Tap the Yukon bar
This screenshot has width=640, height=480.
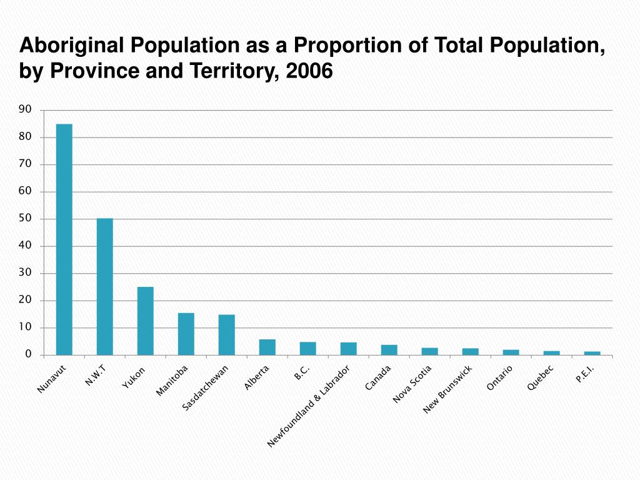coord(146,321)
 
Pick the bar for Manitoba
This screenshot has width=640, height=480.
coord(186,334)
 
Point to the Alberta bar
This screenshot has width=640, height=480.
coord(267,347)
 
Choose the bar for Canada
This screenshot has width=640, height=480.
coord(389,350)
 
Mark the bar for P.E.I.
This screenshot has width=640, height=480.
coord(592,353)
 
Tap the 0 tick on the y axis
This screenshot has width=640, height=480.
coord(28,354)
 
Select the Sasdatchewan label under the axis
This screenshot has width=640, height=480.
coord(206,388)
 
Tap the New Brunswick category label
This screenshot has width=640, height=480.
coord(447,390)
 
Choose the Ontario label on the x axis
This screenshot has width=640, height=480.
coord(500,378)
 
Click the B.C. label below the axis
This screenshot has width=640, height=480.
coord(302,373)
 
